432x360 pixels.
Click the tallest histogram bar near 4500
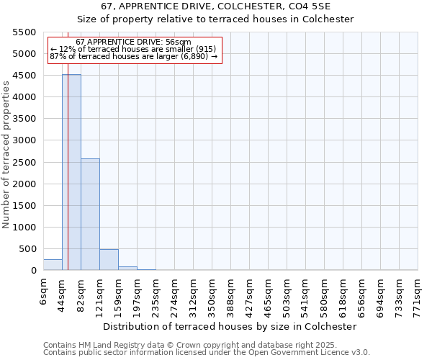pos(71,173)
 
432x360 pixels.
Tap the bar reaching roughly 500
pos(109,260)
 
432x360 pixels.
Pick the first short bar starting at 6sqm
pos(53,265)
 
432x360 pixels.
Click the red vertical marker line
pos(68,180)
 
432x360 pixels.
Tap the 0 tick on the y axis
pos(34,271)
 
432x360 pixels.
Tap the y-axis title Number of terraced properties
pos(6,155)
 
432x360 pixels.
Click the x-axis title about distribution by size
pos(230,326)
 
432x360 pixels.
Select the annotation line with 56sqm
pos(133,42)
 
